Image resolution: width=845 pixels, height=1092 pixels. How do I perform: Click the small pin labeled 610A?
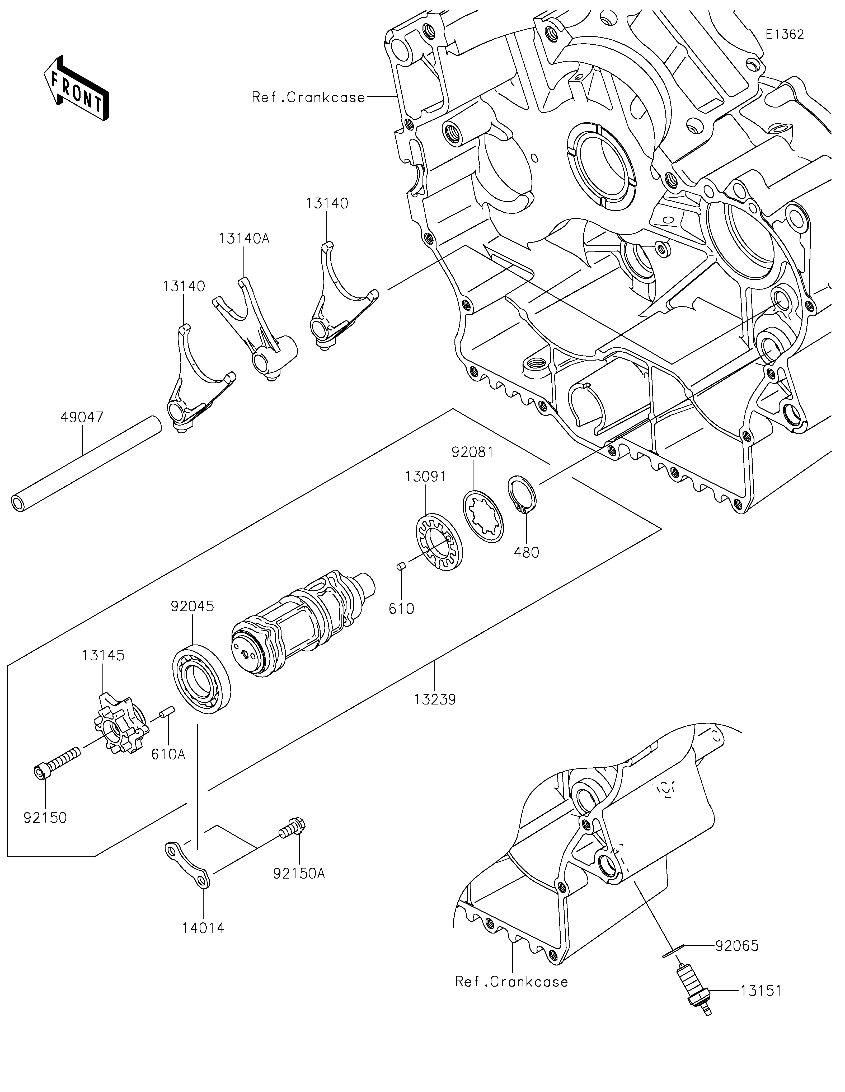pos(166,712)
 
